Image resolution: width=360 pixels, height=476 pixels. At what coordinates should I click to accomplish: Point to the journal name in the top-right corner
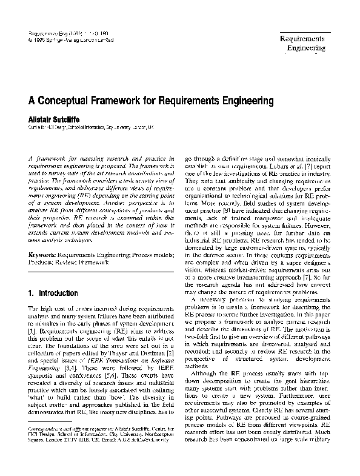pos(302,43)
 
